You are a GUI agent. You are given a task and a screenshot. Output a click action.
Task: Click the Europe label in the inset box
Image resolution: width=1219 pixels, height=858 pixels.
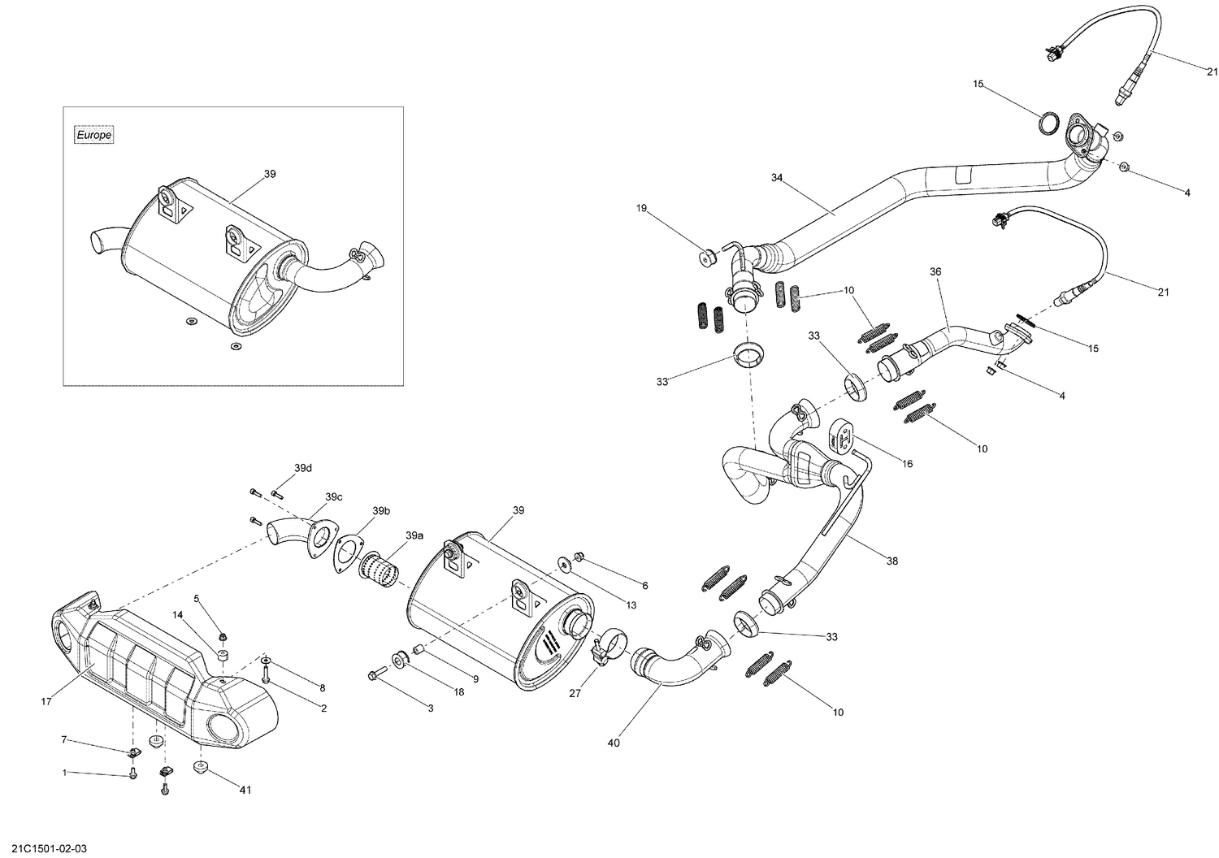93,136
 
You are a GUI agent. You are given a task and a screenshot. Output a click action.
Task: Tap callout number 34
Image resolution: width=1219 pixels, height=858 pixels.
777,177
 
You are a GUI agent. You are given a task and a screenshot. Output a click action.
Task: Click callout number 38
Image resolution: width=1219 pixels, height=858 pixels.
892,561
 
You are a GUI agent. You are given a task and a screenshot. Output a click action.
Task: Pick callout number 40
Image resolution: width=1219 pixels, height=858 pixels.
614,743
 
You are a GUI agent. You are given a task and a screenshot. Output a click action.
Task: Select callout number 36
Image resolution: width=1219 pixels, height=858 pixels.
935,271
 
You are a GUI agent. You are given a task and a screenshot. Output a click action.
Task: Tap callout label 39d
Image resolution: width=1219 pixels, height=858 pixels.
303,468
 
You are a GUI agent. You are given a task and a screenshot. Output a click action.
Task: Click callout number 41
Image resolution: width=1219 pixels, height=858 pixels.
245,790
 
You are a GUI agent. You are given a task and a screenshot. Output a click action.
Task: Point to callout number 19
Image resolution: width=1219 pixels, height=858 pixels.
641,209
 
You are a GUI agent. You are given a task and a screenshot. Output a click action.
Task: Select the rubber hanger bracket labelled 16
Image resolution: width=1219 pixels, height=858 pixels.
840,435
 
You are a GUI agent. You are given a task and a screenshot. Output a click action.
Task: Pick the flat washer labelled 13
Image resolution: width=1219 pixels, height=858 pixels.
562,562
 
